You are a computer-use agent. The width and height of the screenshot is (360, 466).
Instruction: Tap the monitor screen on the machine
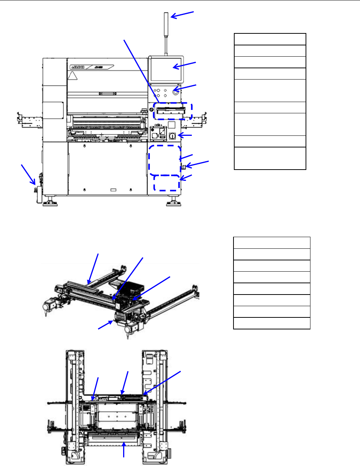point(167,69)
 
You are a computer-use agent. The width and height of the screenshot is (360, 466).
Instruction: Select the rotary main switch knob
point(172,136)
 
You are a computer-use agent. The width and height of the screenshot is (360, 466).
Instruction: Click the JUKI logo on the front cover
point(78,67)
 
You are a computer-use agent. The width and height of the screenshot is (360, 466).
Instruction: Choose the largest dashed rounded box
point(165,160)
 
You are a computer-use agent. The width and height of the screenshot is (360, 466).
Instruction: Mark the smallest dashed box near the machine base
point(167,183)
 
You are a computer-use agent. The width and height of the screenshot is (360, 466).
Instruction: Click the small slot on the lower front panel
point(113,190)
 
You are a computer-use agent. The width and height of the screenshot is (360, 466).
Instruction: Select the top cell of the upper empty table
point(270,39)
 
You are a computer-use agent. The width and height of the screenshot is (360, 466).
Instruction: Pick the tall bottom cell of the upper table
point(270,158)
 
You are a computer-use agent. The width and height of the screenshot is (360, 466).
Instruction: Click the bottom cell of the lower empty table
point(271,323)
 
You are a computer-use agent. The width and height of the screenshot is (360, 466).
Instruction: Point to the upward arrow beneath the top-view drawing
point(124,449)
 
